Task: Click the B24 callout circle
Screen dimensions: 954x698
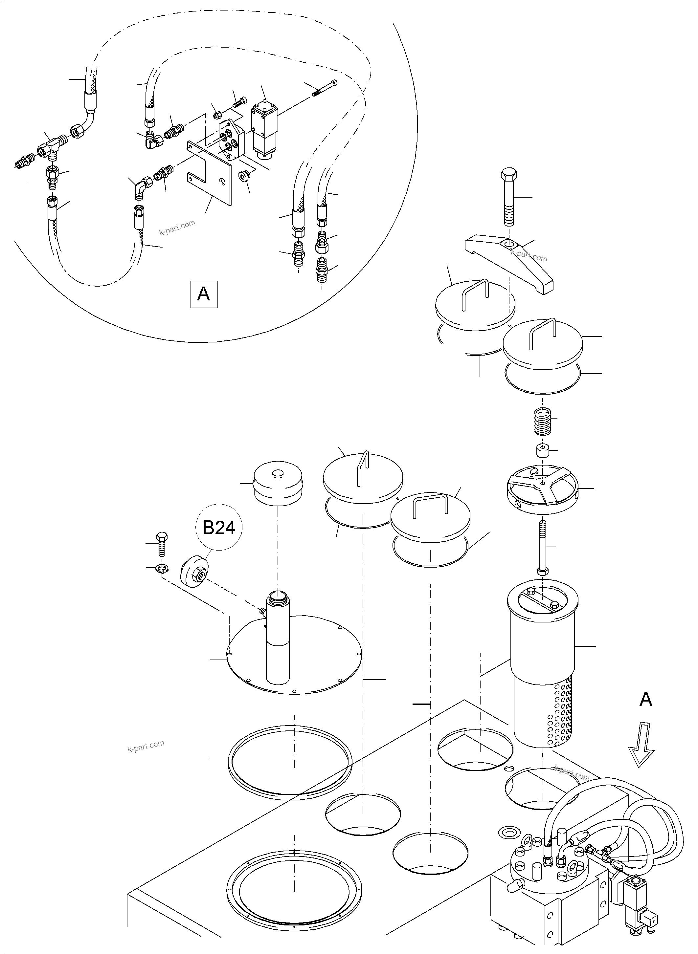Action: click(x=219, y=528)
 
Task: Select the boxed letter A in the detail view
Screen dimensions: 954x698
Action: click(x=204, y=293)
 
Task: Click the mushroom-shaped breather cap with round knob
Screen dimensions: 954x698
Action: click(x=278, y=483)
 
